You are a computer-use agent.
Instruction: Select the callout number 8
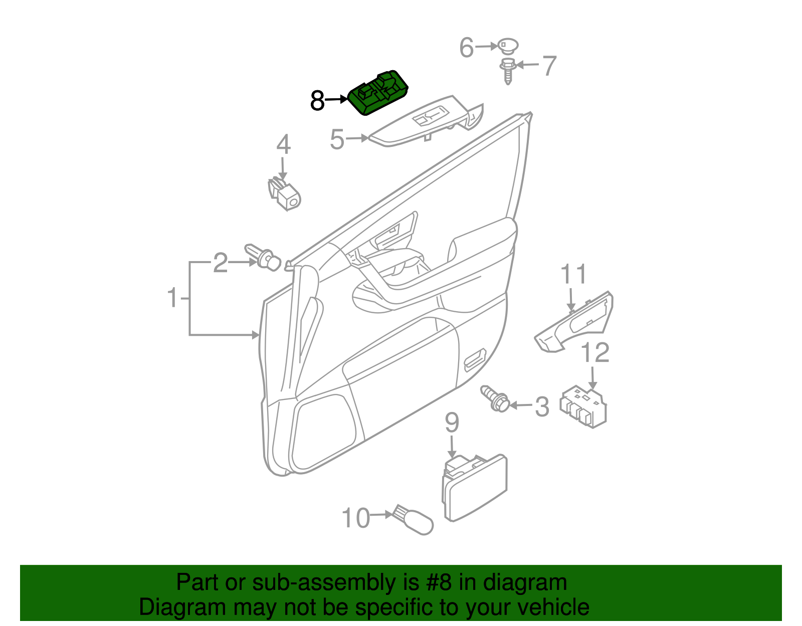click(317, 101)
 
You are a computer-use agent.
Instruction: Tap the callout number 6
click(466, 48)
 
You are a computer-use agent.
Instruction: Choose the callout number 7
click(550, 66)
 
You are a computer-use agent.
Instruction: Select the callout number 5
click(337, 139)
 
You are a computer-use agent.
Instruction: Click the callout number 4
click(283, 144)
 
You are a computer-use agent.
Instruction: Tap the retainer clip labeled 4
click(285, 194)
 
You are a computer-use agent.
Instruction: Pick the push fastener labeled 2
click(264, 258)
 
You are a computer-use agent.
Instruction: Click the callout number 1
click(172, 298)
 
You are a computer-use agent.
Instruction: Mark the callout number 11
click(573, 275)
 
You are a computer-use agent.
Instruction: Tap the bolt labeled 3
click(495, 399)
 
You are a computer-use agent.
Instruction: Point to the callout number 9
click(452, 423)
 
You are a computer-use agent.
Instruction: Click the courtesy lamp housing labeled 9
click(474, 488)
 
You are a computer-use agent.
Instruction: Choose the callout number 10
click(355, 518)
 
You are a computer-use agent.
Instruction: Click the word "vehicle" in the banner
click(553, 607)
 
